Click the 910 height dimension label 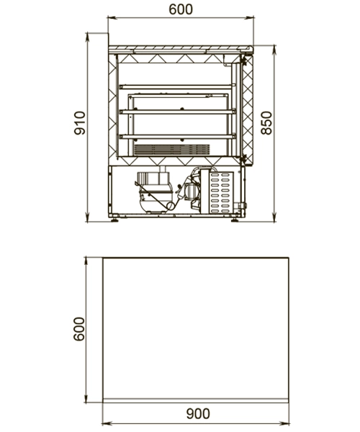point(80,123)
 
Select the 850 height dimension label point(266,123)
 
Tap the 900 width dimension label point(198,413)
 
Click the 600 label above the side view point(181,9)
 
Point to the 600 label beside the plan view point(79,329)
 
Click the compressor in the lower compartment point(155,193)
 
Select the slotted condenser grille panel point(221,192)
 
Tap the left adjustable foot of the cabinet point(115,220)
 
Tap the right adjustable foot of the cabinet point(235,220)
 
